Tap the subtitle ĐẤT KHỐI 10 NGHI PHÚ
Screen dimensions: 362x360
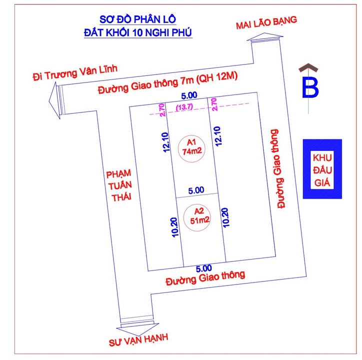click(138, 33)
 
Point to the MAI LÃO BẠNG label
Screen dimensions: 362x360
click(266, 23)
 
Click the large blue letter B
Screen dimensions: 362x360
click(310, 88)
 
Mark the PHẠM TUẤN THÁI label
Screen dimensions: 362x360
click(118, 184)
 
